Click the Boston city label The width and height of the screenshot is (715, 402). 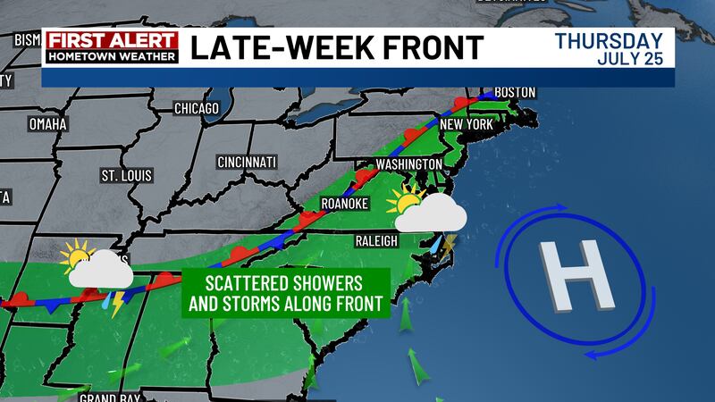coord(514,92)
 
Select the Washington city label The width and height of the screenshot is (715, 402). coord(409,164)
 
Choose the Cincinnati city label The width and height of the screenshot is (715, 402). coord(247,163)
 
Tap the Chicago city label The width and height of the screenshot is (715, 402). coord(197,108)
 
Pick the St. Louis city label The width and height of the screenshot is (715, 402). coord(126,174)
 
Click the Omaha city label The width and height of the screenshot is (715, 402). coord(48,123)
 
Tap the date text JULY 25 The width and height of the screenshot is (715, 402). coord(631,59)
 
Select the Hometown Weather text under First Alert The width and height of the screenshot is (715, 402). coord(112,55)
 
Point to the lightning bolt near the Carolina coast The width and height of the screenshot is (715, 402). coord(450,243)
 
